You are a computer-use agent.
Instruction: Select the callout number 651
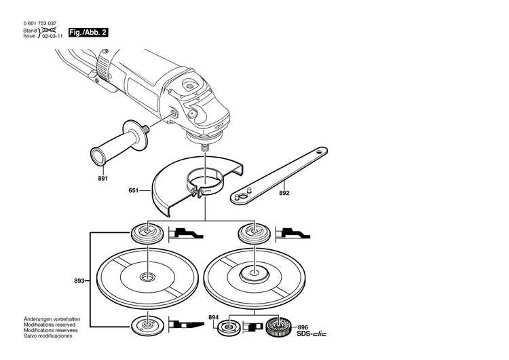(134, 191)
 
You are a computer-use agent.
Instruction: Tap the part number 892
(284, 193)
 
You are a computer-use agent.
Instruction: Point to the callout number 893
(79, 281)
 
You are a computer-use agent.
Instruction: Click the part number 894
(213, 317)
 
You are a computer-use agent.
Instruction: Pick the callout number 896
(302, 326)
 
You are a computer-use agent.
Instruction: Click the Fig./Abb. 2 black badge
(88, 32)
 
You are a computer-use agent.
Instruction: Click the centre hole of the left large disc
(147, 276)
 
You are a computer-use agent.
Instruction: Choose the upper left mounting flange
(147, 234)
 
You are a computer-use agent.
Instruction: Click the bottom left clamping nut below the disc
(147, 325)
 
